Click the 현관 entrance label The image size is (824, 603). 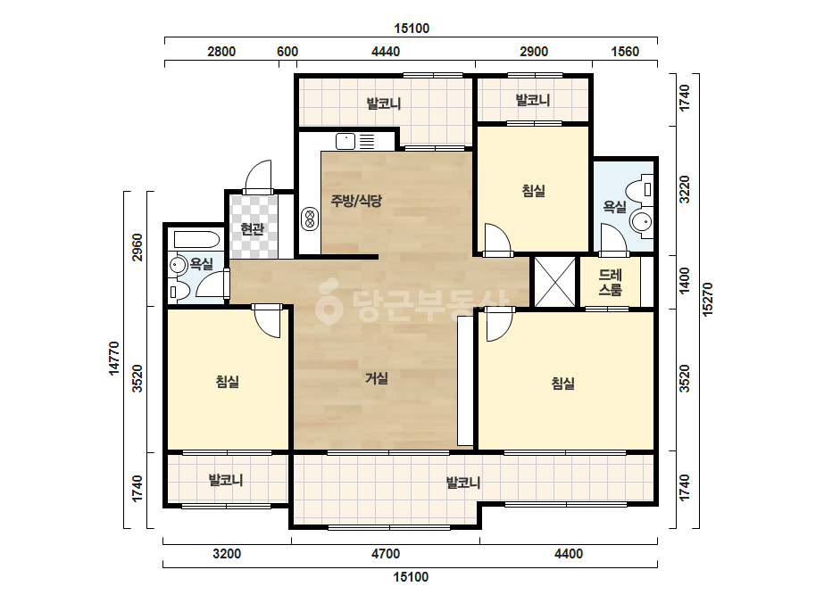pos(252,229)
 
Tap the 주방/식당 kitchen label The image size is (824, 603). pos(356,200)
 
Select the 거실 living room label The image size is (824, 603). pos(377,377)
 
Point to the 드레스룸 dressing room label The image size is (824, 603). pos(610,282)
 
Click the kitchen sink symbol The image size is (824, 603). pos(345,141)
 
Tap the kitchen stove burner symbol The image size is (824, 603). pos(310,219)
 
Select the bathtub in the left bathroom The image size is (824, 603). pos(196,240)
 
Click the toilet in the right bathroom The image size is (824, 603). pos(641,190)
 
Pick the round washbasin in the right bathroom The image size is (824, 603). pos(641,221)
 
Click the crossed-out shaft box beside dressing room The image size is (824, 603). pos(555,282)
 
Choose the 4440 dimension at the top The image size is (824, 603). pos(386,52)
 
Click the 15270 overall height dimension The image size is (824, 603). pos(708,300)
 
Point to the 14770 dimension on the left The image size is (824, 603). pos(114,359)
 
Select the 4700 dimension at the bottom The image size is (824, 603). pos(386,554)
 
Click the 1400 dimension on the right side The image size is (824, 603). pos(684,281)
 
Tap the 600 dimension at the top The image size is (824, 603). pos(287,52)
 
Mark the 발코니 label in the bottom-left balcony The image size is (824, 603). pos(226,480)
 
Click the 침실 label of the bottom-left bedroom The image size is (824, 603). pos(228,382)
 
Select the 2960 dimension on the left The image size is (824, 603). pos(137,247)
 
